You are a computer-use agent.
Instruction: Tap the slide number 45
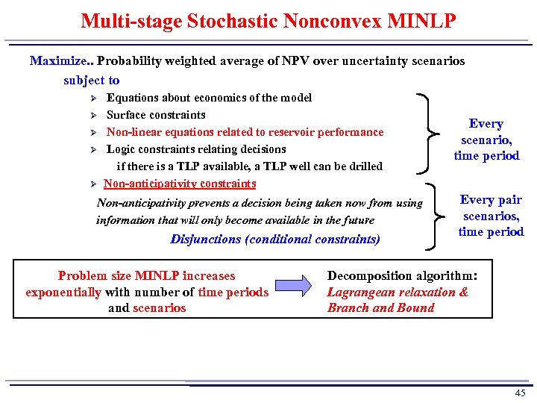click(x=520, y=393)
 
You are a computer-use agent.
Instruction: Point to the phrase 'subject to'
click(x=91, y=80)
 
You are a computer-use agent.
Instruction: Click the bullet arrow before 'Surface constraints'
click(x=93, y=116)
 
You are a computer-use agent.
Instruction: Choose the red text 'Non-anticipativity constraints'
click(x=180, y=184)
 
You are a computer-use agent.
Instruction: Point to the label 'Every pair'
click(x=491, y=200)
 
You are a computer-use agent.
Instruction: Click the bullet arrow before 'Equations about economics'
click(x=93, y=99)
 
